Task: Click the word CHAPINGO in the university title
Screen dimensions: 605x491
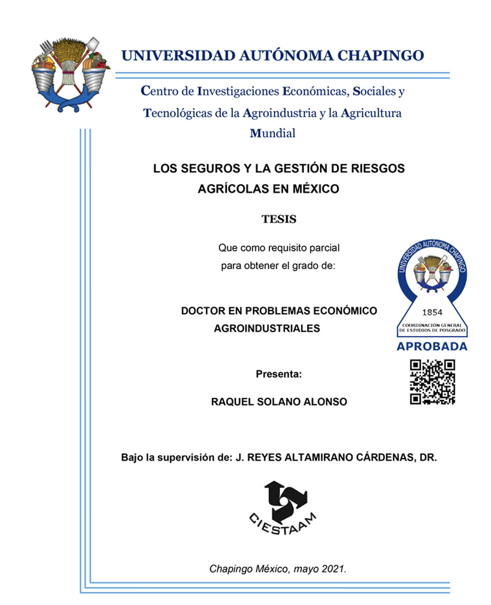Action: pyautogui.click(x=381, y=56)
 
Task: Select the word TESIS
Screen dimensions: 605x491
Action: pyautogui.click(x=279, y=220)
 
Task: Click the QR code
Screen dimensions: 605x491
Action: pyautogui.click(x=432, y=382)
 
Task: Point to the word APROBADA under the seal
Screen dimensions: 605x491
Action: pyautogui.click(x=432, y=347)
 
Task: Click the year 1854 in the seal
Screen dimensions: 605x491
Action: pyautogui.click(x=432, y=312)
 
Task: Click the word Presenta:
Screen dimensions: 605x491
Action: pyautogui.click(x=279, y=374)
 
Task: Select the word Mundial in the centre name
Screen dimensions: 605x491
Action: pyautogui.click(x=272, y=133)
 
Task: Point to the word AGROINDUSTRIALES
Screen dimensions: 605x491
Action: pyautogui.click(x=267, y=328)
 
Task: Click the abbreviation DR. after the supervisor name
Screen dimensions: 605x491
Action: pyautogui.click(x=428, y=457)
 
